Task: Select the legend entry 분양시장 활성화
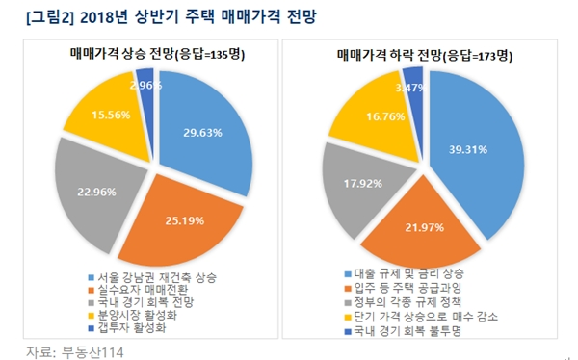pyautogui.click(x=134, y=313)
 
